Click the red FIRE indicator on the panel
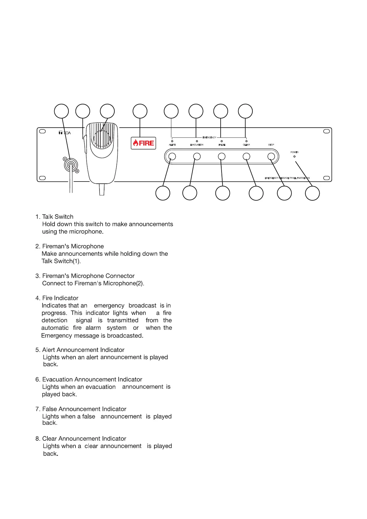coord(143,143)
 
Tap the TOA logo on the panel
coord(65,133)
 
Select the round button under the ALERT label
coord(172,157)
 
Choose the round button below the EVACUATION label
coord(197,157)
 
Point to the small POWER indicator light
coord(294,157)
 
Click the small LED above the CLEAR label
coord(246,141)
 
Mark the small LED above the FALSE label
coord(222,141)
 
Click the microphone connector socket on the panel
coord(71,165)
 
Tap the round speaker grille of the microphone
coord(102,139)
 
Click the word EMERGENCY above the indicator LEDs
coord(209,137)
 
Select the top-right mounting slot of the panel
coord(326,131)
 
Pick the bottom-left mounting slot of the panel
coord(43,178)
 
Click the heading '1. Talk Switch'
coord(55,217)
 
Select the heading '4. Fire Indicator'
coord(57,298)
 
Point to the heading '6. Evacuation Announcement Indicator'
coord(89,379)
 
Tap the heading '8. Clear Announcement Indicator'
coord(81,439)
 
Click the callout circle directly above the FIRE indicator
coord(140,111)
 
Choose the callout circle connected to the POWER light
coord(312,194)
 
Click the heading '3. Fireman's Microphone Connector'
coord(85,276)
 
